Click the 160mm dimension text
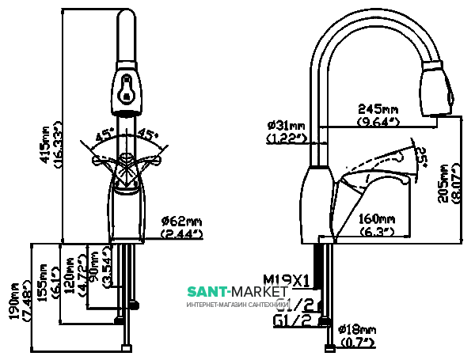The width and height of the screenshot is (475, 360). [x=377, y=219]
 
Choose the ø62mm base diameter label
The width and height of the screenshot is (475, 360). [x=182, y=221]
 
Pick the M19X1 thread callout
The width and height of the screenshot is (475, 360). [x=287, y=279]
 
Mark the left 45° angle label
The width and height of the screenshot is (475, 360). [x=104, y=136]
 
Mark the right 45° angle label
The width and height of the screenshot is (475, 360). [x=149, y=135]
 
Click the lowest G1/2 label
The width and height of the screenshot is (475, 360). [x=291, y=320]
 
